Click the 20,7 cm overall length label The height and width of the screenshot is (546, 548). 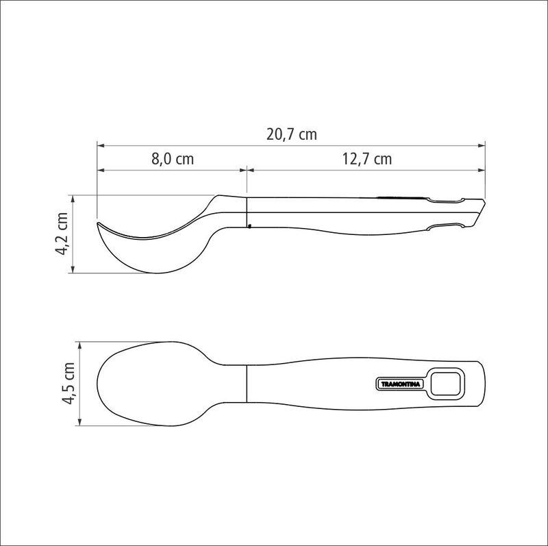[292, 134]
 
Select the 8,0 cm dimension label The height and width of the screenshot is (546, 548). [173, 159]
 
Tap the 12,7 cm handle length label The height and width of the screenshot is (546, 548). [366, 159]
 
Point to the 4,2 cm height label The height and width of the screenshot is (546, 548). [61, 234]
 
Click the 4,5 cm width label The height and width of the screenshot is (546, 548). [68, 384]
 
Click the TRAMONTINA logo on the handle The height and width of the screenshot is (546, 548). [401, 384]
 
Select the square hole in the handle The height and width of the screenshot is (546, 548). [446, 384]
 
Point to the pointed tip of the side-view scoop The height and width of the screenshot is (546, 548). [98, 223]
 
